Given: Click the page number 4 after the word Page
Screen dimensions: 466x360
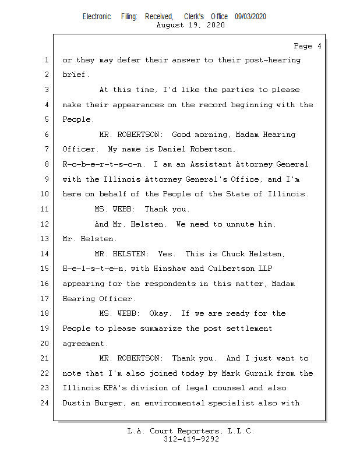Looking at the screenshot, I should [x=319, y=46].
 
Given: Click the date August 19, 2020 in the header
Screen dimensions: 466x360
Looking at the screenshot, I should [x=191, y=25].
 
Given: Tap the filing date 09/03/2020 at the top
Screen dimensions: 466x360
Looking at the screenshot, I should [x=250, y=17].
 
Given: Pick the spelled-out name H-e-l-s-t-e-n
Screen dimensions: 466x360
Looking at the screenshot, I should [x=93, y=269].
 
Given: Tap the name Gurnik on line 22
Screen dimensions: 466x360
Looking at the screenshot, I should [x=266, y=373].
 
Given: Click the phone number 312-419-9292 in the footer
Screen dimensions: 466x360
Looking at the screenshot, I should [x=191, y=439].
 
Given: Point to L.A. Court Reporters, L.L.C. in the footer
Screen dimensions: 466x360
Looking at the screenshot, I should [x=191, y=431].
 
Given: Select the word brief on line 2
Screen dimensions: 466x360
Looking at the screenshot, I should [x=75, y=75].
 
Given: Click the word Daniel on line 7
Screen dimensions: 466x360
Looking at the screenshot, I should [x=175, y=150].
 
